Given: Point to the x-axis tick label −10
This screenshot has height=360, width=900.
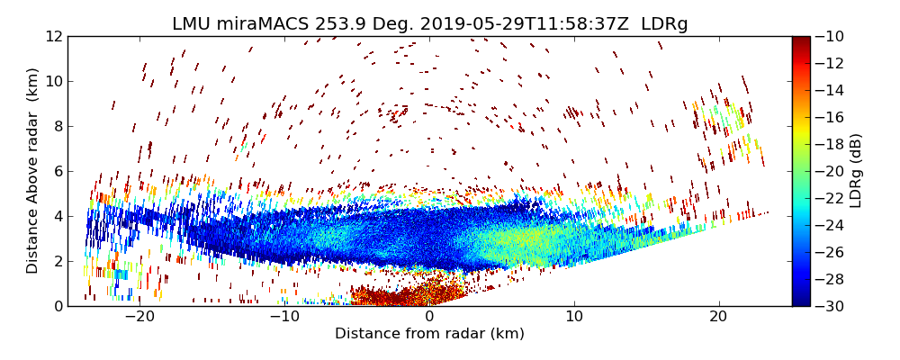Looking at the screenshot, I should pyautogui.click(x=284, y=317).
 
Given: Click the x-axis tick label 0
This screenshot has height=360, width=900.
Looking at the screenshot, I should pyautogui.click(x=429, y=317).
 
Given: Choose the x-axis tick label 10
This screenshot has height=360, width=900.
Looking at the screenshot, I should pyautogui.click(x=574, y=317).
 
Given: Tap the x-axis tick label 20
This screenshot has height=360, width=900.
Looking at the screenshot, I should pyautogui.click(x=718, y=317).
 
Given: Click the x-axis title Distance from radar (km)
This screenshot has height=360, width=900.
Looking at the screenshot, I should pyautogui.click(x=429, y=334).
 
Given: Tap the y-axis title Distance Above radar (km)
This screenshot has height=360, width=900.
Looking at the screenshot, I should pyautogui.click(x=33, y=170).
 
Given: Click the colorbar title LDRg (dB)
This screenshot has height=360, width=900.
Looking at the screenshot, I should pyautogui.click(x=856, y=171).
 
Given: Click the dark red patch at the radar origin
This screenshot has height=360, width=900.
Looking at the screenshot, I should pyautogui.click(x=405, y=295).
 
